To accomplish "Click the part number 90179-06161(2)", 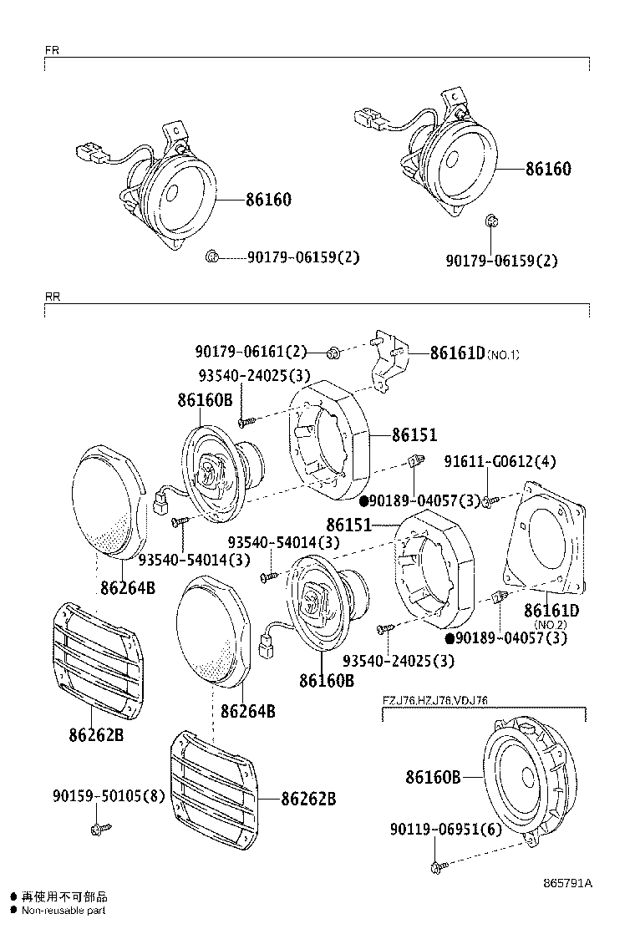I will (251, 353).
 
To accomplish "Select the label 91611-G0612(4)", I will (499, 461).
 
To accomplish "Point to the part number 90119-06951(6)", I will (445, 829).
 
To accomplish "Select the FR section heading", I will (51, 50).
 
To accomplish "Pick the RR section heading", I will (52, 297).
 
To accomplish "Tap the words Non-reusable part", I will (63, 910).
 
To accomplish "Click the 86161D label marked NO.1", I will (474, 353).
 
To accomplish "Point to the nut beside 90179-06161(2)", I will (332, 353).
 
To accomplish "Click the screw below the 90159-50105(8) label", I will (100, 829).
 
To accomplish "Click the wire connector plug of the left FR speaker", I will (90, 154).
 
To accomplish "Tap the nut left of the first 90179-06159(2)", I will (212, 256).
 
